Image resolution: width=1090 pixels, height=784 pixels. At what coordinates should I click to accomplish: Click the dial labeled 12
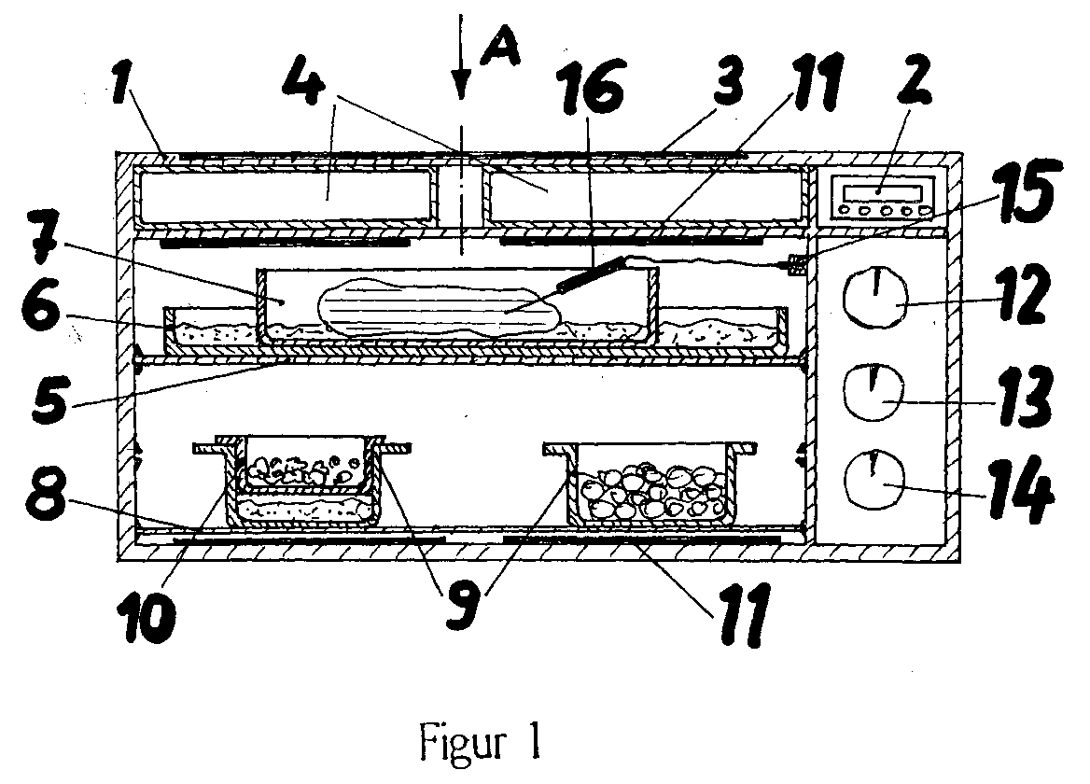click(x=874, y=295)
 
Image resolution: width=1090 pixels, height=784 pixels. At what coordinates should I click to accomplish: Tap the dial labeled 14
click(x=874, y=477)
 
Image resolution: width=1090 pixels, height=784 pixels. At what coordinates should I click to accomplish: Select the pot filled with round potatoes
click(x=650, y=484)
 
